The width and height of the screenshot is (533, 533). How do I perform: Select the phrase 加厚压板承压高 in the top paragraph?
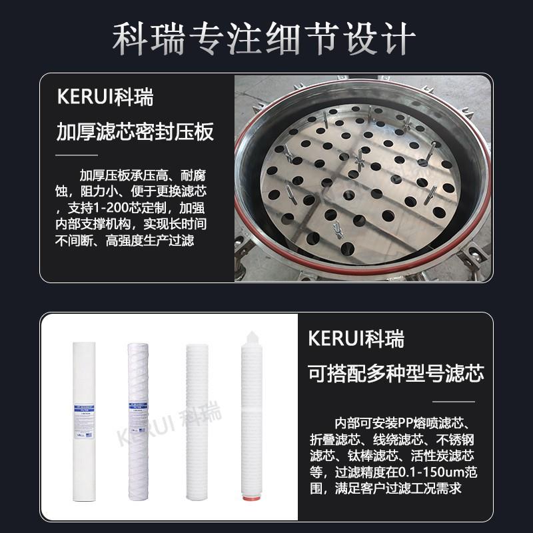pos(119,176)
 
